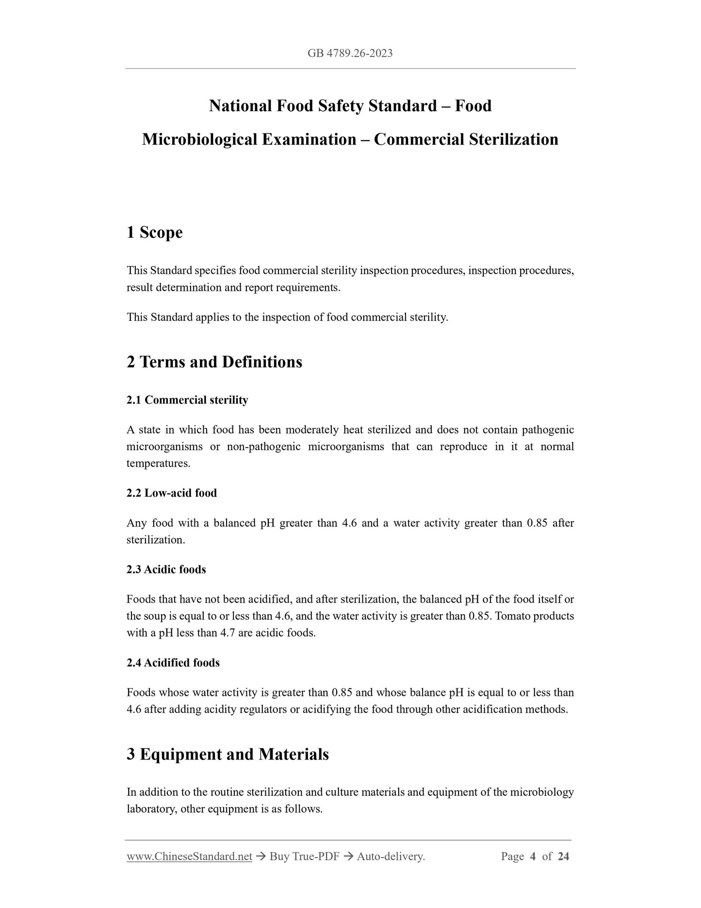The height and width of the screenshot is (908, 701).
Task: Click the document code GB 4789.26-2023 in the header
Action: [x=350, y=53]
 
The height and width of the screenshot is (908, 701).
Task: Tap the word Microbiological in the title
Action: [x=200, y=139]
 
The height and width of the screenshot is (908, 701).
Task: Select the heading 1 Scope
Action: [x=155, y=232]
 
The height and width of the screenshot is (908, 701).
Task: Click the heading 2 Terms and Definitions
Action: [x=214, y=362]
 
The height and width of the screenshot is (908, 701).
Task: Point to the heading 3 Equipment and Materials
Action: [x=228, y=754]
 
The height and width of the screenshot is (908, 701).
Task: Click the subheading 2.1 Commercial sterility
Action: [x=187, y=400]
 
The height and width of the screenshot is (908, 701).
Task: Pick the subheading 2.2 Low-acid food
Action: [x=172, y=493]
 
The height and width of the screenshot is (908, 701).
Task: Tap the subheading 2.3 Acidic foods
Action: [x=166, y=570]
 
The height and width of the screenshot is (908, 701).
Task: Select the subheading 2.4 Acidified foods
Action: [x=173, y=663]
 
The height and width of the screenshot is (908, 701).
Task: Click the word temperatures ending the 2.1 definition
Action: [x=158, y=463]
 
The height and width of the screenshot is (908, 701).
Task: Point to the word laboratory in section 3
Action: [x=150, y=809]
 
